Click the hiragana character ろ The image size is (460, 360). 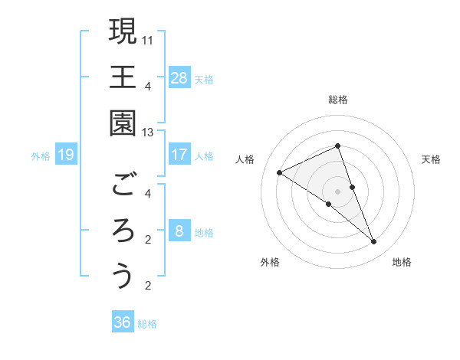123,231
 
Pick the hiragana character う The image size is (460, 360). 123,276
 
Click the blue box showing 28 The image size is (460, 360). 179,78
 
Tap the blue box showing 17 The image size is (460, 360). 179,155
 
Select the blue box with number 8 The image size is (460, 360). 179,231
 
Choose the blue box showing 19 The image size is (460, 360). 66,155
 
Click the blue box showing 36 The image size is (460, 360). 123,322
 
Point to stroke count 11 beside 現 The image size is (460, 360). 148,38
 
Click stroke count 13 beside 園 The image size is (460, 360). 148,133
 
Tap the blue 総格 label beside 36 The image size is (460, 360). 147,324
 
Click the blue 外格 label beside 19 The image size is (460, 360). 41,156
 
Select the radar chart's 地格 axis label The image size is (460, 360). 402,262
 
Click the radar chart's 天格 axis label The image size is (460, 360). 431,159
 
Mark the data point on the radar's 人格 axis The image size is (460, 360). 279,172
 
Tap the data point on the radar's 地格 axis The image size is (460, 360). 374,242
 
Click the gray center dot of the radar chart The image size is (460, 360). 337,191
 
